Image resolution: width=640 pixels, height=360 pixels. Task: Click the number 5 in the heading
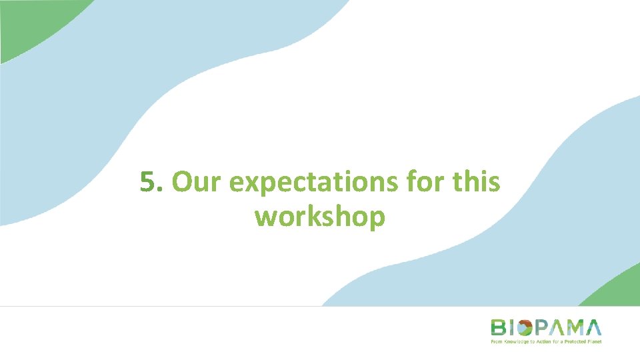148,182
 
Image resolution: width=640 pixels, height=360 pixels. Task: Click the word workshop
319,217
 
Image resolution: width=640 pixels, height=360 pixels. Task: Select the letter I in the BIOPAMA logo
512,327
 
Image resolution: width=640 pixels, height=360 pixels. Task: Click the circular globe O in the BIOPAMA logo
525,327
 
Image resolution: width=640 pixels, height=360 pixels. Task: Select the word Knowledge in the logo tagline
512,341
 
